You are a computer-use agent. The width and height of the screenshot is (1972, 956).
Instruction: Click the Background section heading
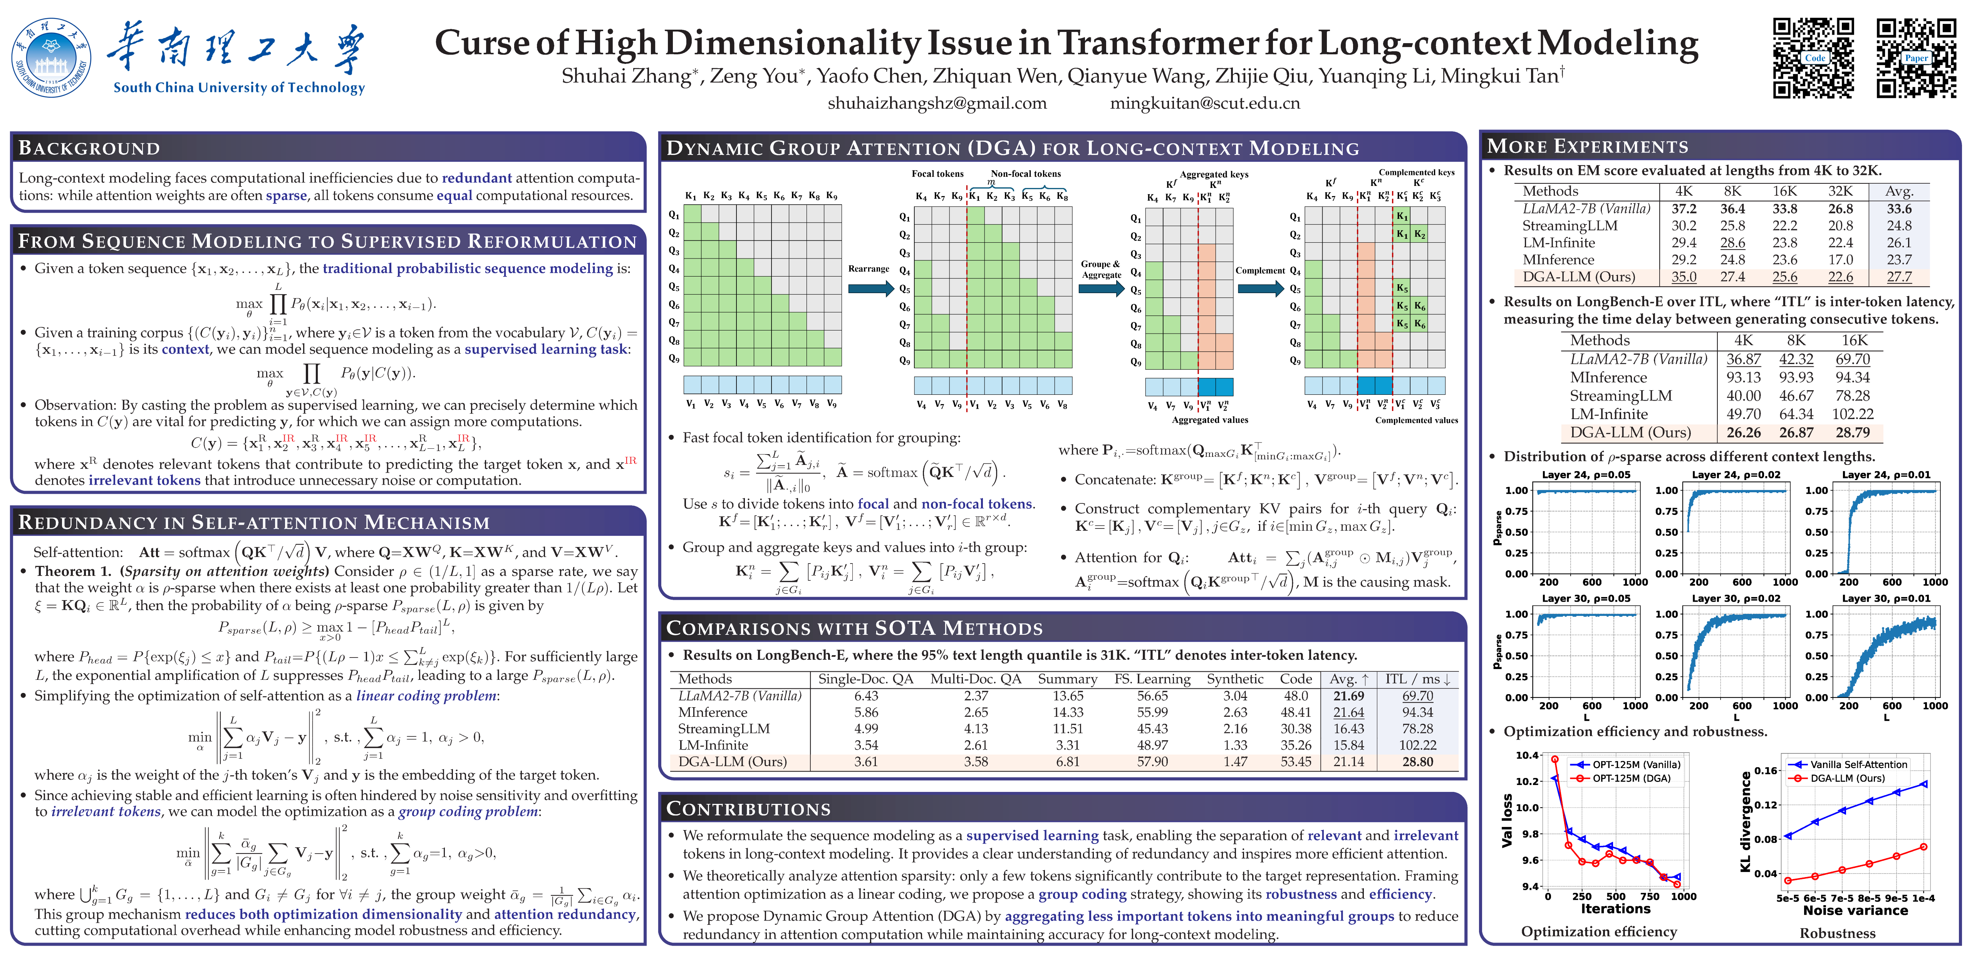(90, 148)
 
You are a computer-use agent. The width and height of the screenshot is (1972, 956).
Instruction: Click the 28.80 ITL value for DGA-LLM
(1417, 761)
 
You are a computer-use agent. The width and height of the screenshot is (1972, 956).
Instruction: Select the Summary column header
(1067, 679)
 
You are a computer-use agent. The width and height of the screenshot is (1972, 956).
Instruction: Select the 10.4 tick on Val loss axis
(1526, 755)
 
